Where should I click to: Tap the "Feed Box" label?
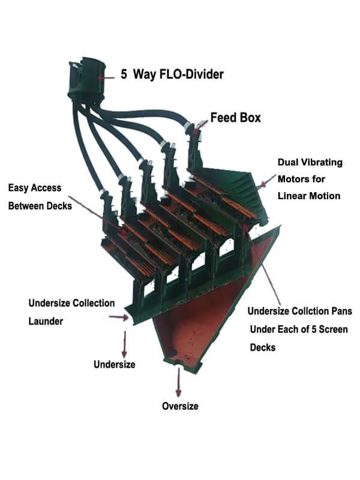coord(235,118)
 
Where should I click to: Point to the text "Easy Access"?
coord(34,188)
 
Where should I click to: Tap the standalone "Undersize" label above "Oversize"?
coord(114,364)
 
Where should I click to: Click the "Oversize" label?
coord(180,406)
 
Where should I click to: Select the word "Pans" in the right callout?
coord(340,311)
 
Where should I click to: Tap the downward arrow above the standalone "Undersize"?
coord(125,343)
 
